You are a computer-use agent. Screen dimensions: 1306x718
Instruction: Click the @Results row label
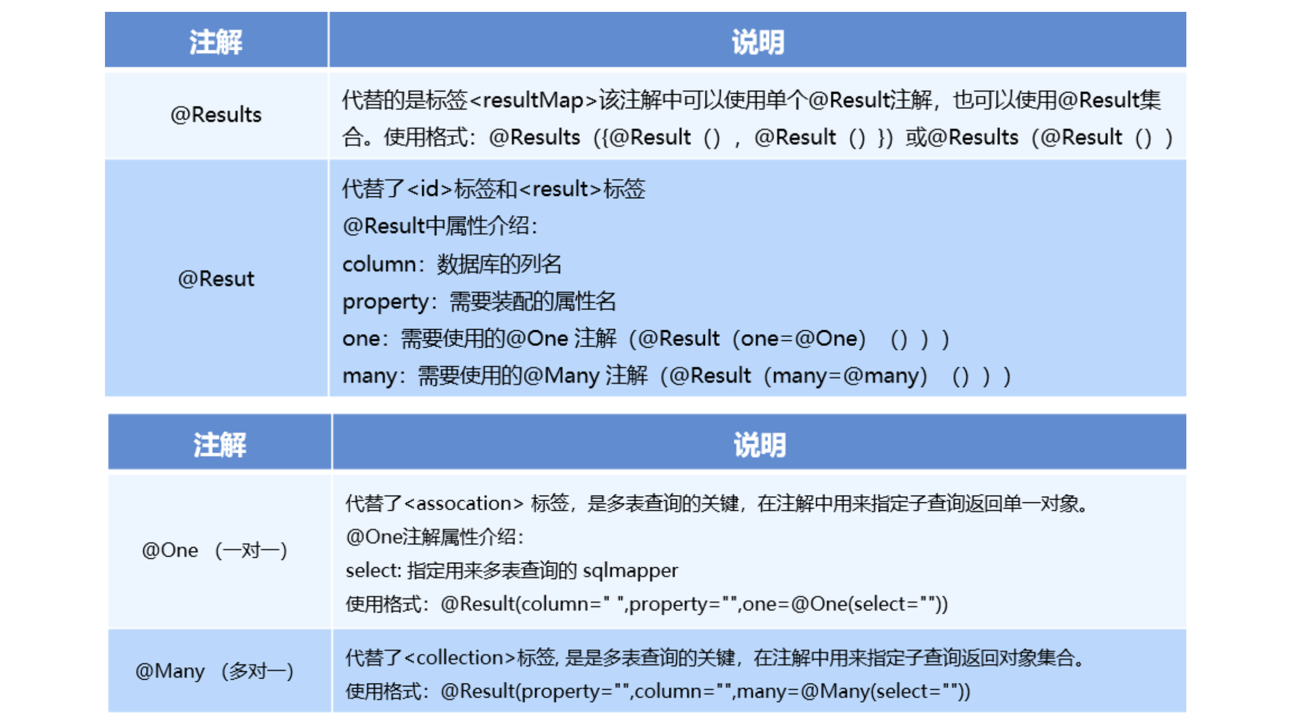tap(216, 115)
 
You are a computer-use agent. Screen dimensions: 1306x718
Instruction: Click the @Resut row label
tap(216, 279)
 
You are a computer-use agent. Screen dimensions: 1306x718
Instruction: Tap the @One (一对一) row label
tap(214, 550)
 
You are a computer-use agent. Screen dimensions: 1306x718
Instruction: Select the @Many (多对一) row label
tap(214, 671)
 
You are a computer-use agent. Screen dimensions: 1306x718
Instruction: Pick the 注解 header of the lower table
tap(220, 445)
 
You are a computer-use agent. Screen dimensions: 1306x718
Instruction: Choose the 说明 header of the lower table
tap(760, 445)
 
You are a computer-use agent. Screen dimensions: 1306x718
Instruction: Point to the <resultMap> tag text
tap(533, 100)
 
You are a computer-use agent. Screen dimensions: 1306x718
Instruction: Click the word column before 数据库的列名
tap(379, 264)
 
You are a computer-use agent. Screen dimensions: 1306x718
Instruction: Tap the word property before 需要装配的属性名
tap(386, 302)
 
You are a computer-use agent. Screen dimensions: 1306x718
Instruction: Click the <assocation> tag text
tap(464, 503)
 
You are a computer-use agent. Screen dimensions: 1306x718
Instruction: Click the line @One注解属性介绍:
tap(435, 537)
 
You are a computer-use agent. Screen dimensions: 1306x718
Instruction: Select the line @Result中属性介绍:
tap(440, 226)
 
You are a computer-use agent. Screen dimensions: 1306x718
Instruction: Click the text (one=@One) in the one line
tap(799, 339)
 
